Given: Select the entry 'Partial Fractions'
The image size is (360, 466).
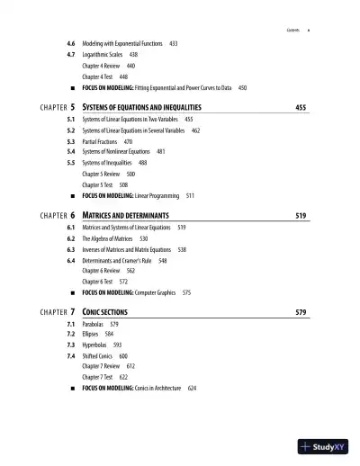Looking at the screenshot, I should click(x=107, y=141).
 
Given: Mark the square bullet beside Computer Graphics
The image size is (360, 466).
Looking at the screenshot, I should click(x=71, y=293).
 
